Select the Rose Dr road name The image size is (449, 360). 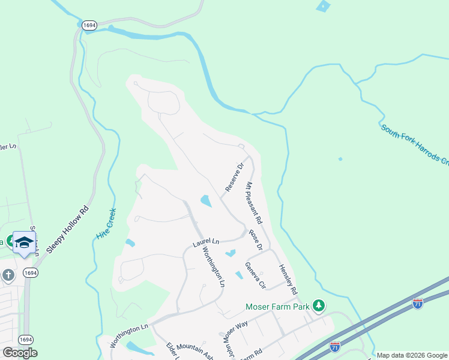(256, 239)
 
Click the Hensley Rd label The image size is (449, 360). (288, 280)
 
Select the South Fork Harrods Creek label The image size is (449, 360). (414, 144)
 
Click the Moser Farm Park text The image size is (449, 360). (277, 307)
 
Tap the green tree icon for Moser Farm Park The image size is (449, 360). (319, 307)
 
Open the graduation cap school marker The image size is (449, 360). (24, 242)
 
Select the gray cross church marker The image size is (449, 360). (8, 275)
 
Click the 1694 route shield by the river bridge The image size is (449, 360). (88, 25)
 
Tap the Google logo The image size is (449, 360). (19, 353)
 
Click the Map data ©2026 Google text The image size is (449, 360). (412, 355)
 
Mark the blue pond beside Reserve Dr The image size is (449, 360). (205, 201)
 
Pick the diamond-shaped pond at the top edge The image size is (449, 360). (323, 6)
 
